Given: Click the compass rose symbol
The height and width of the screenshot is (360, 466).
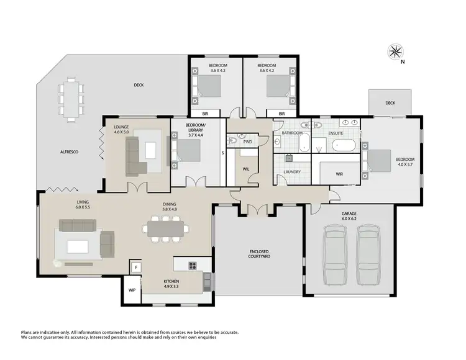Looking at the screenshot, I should pos(395,51).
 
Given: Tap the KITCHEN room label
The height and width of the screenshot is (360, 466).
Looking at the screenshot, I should pos(153,284).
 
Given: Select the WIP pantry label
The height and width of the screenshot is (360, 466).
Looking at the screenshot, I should pos(132,290).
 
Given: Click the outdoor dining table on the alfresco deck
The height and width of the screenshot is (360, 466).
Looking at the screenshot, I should pos(71,99).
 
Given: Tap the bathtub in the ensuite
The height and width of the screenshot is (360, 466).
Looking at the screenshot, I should pos(344,147).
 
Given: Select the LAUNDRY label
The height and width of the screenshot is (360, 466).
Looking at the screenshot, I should pos(292,172).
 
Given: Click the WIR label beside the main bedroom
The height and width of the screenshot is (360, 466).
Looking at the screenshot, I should pos(339,174).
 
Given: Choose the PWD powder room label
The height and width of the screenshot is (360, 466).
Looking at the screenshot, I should pos(247,142).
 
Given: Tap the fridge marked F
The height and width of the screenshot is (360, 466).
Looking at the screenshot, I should pos(135,268).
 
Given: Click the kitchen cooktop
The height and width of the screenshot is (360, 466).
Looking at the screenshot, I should pos(193,266).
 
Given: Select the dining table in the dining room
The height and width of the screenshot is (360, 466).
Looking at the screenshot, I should pos(165,229).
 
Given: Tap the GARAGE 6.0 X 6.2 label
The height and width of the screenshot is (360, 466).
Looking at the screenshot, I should pos(349,216).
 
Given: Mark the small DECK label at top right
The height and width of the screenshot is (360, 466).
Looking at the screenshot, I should pos(390,104).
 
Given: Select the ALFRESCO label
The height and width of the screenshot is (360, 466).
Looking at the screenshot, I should pos(68,152).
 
